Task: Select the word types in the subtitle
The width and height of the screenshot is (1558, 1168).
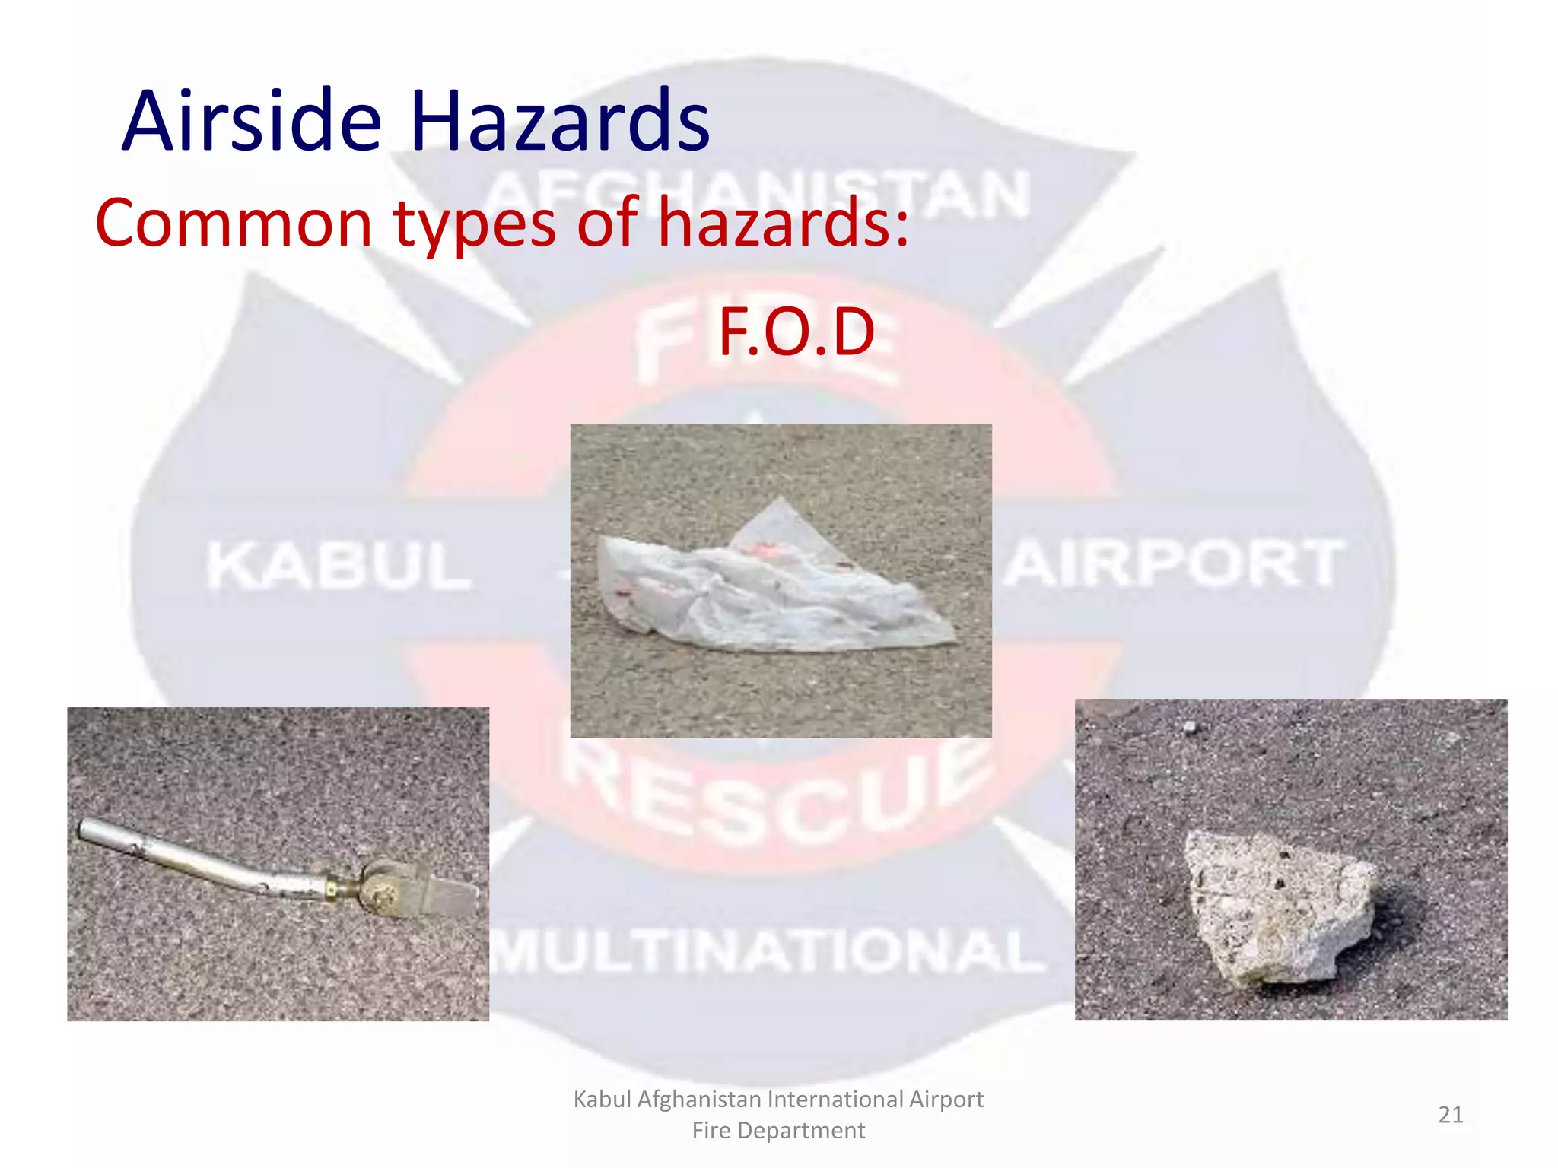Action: pyautogui.click(x=475, y=224)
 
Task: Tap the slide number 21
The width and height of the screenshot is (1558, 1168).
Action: pyautogui.click(x=1450, y=1115)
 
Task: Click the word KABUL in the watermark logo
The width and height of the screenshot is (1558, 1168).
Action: pyautogui.click(x=339, y=566)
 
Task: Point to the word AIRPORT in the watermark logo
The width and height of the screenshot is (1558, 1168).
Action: pyautogui.click(x=1175, y=563)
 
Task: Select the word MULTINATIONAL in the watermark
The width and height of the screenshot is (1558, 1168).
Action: pyautogui.click(x=768, y=951)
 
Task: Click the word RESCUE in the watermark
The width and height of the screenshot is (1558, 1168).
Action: pyautogui.click(x=776, y=798)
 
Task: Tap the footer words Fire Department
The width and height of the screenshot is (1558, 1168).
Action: pyautogui.click(x=778, y=1131)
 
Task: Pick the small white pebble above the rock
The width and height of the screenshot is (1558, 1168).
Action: pyautogui.click(x=1190, y=728)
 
